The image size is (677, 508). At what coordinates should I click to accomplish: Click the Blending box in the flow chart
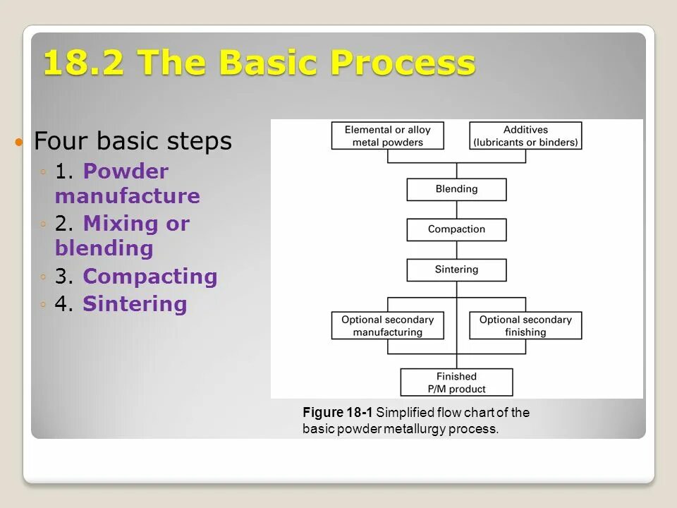456,189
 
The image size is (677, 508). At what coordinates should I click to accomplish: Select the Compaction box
456,229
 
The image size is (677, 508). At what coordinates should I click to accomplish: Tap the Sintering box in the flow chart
456,270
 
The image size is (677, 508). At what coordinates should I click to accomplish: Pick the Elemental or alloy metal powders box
388,135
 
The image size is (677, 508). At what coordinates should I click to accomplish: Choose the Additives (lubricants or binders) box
525,135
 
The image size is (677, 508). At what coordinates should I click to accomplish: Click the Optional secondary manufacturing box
388,325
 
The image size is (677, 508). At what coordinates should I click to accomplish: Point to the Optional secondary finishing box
525,325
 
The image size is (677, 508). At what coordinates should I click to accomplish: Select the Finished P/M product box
456,382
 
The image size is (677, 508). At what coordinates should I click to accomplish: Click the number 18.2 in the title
84,64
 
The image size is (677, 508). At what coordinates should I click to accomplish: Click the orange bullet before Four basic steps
20,143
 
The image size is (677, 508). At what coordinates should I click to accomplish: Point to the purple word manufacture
128,196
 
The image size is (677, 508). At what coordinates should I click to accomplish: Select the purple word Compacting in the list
150,277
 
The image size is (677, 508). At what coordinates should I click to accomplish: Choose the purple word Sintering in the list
135,304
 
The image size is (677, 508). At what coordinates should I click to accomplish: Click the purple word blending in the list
104,248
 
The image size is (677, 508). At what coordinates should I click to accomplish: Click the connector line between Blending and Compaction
457,210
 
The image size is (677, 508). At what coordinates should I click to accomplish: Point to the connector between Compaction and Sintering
457,250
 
